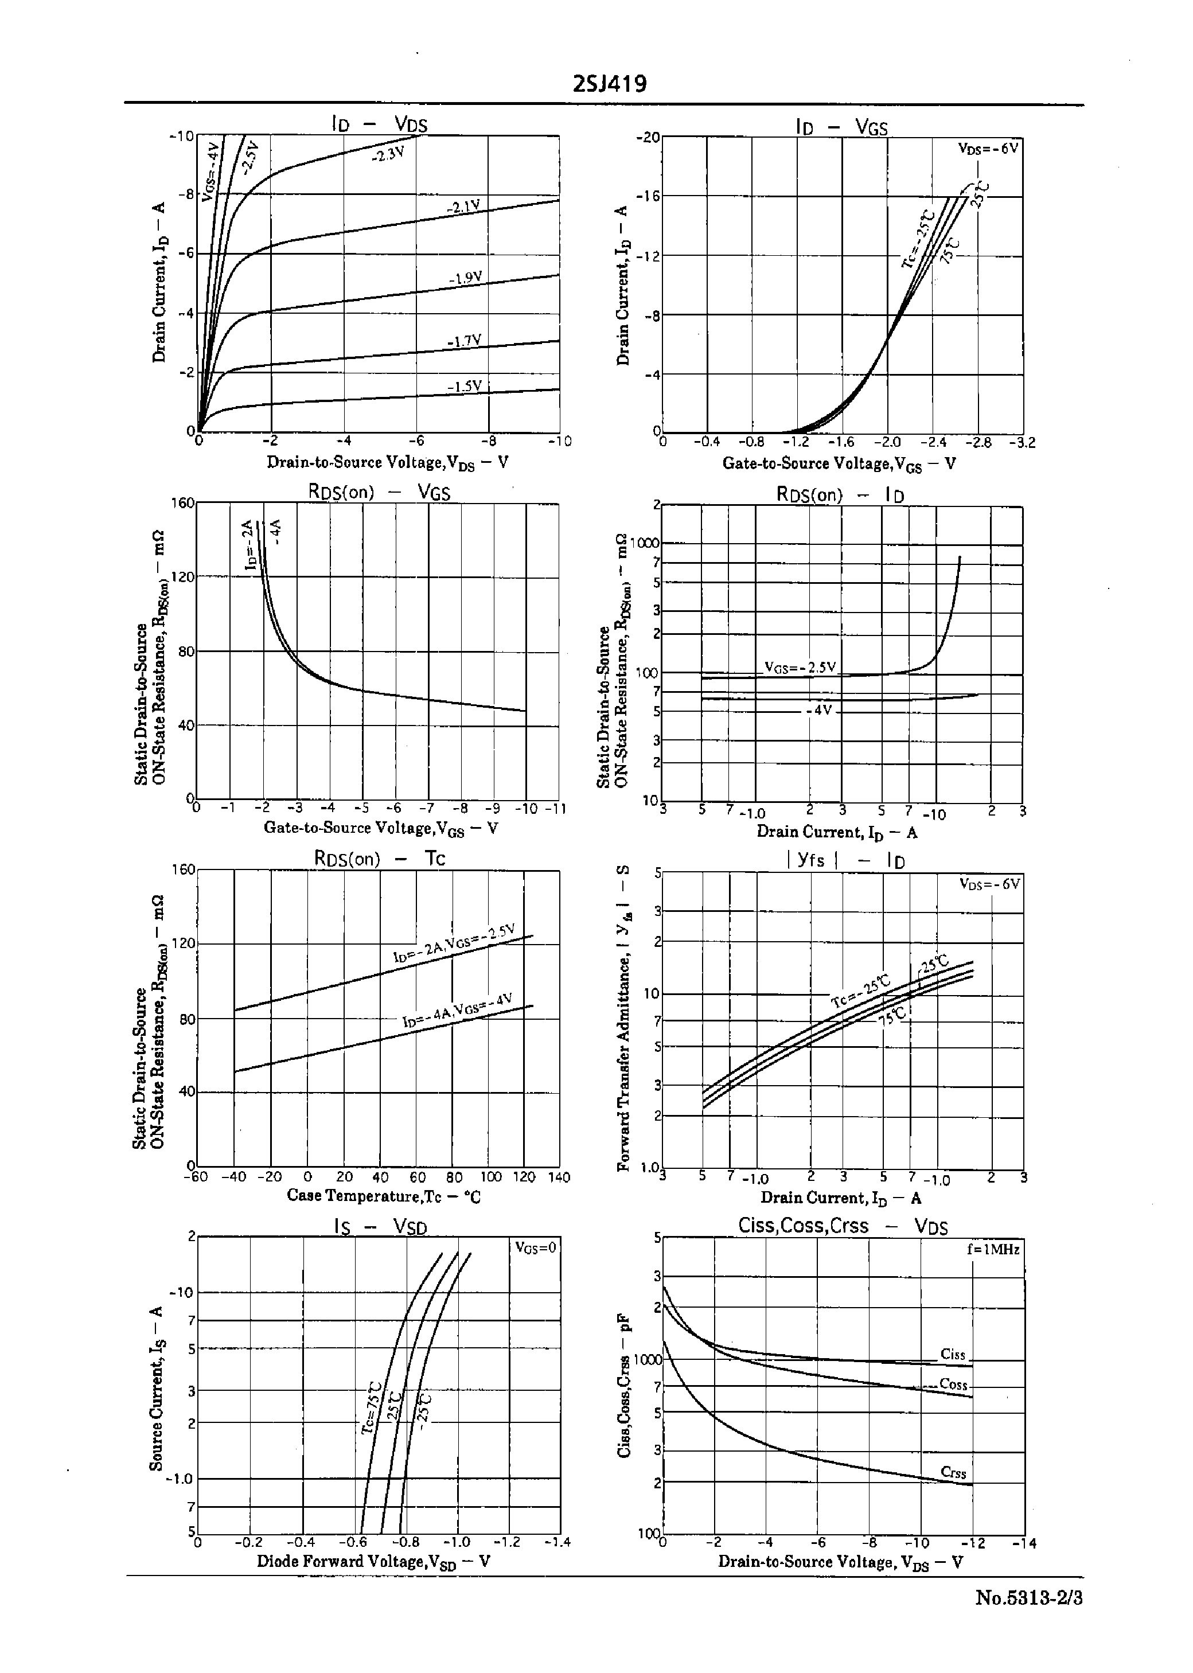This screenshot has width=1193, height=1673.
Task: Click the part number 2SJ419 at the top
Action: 610,84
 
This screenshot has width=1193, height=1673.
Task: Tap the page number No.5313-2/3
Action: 1028,1598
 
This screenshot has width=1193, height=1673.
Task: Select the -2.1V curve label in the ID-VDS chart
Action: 463,207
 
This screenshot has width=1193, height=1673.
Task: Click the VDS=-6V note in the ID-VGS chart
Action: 988,147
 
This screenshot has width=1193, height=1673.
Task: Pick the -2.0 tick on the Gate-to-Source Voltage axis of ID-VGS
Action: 890,442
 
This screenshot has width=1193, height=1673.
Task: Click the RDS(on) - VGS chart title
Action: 379,492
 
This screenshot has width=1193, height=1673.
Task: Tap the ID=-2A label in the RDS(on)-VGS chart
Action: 249,545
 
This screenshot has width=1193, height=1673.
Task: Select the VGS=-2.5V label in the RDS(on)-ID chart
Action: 800,667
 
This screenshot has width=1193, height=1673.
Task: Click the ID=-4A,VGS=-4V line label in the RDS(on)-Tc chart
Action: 457,1011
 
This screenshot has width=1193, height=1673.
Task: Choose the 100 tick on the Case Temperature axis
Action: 490,1176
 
